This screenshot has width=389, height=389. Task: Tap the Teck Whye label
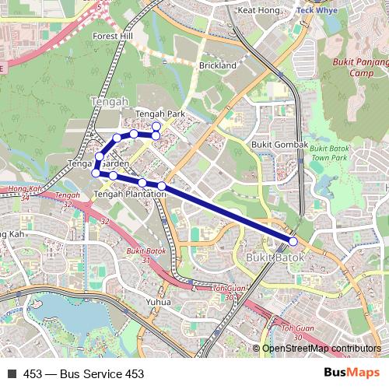point(317,12)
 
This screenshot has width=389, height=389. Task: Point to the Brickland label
point(217,66)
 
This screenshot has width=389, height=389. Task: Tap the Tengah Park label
point(160,114)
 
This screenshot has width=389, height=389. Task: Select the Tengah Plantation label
point(129,194)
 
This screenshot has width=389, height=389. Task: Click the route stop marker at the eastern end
point(293,241)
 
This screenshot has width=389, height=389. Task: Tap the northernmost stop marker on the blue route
point(156,126)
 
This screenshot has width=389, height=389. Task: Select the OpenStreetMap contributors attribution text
point(321,349)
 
